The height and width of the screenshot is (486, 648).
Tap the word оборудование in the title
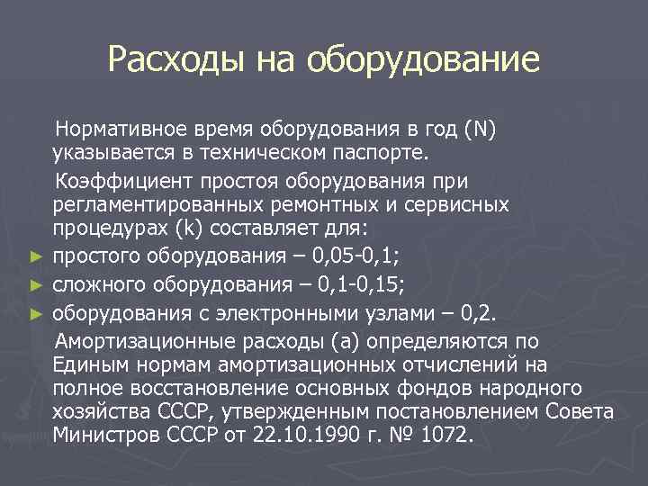423,60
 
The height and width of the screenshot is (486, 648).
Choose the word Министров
103,435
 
